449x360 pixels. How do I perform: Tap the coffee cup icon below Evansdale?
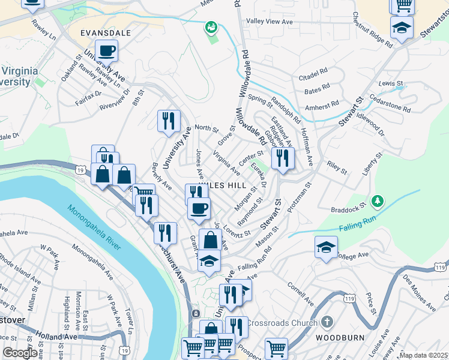(x=106, y=50)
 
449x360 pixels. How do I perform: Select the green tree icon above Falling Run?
(x=378, y=200)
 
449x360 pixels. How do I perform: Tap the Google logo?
(x=20, y=353)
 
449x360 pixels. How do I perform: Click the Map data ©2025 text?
(x=423, y=355)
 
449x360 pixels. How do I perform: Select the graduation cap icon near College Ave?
(x=326, y=247)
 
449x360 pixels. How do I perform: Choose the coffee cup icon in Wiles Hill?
(x=199, y=208)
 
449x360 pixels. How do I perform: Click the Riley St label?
(x=337, y=167)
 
